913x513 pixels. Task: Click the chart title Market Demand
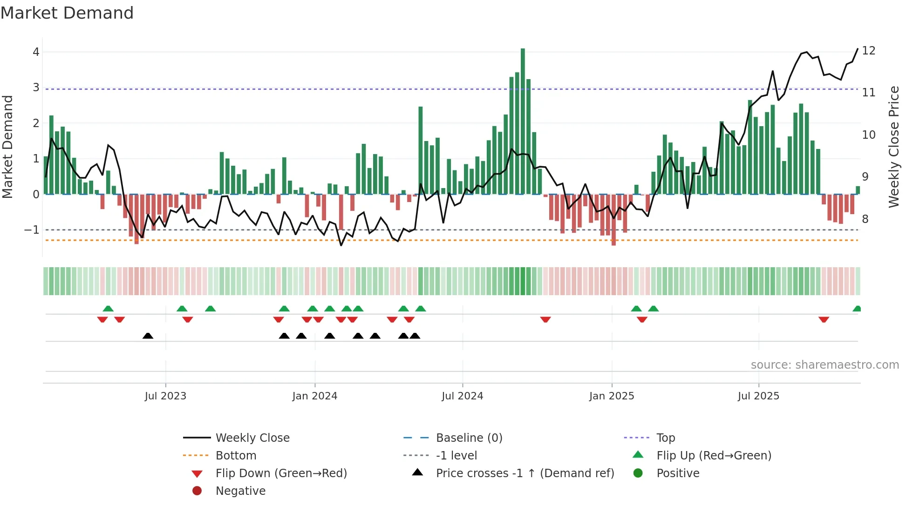[x=67, y=13]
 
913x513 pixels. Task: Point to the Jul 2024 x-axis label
[x=462, y=396]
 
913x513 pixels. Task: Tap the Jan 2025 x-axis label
[x=611, y=396]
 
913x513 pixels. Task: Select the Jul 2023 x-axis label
[x=165, y=396]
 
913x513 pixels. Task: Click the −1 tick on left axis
[x=32, y=230]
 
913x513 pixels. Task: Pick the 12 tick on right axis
[x=868, y=51]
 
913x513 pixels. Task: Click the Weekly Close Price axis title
[x=893, y=147]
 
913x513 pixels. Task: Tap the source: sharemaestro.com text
[x=824, y=365]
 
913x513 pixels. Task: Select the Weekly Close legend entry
[x=252, y=438]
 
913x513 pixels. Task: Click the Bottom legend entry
[x=236, y=456]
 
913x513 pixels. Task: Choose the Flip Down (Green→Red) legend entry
[x=281, y=473]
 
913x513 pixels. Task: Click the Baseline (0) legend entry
[x=469, y=438]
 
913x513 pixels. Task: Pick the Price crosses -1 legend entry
[x=525, y=473]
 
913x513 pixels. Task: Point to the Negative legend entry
[x=240, y=491]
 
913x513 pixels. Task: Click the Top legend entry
[x=665, y=438]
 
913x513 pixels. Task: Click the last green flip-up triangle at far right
[x=857, y=309]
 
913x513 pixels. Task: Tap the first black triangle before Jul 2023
[x=148, y=336]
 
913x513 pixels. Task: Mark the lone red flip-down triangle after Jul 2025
[x=824, y=319]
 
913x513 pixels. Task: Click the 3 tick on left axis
[x=36, y=88]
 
